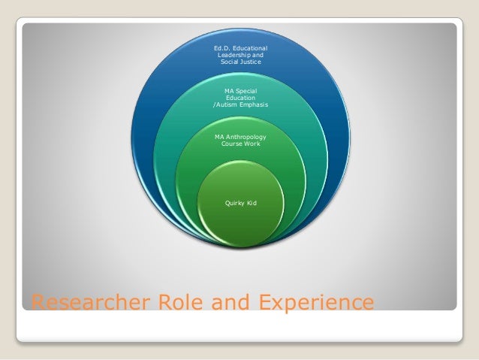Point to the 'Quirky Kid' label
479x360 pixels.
(x=240, y=203)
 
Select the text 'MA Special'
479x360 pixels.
(x=240, y=91)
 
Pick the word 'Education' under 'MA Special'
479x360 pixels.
(x=240, y=98)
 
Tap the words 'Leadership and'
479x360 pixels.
(x=240, y=56)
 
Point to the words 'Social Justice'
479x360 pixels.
(x=240, y=63)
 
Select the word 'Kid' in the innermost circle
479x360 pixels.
(x=252, y=203)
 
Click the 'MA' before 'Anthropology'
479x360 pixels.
(x=219, y=137)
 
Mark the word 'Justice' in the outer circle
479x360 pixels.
(x=250, y=63)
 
